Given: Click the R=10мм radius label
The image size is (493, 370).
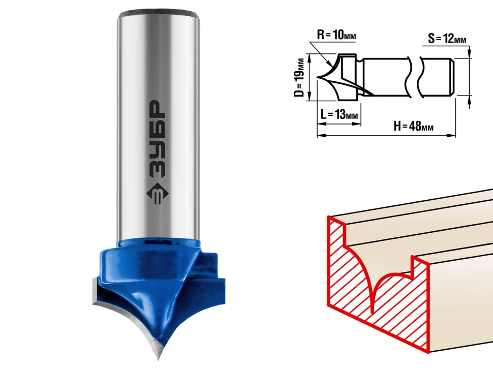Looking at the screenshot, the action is tap(336, 35).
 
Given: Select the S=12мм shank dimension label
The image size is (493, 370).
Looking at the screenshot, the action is tap(447, 39).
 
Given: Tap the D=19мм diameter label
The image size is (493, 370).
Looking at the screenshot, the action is tap(300, 77).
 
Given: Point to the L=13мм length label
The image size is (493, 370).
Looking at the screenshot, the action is tap(339, 114).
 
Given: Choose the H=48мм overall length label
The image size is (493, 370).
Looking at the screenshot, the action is tap(413, 127).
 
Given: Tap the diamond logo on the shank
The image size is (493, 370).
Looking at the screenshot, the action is tap(158, 194).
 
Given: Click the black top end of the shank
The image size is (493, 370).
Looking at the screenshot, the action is tap(159, 14).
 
